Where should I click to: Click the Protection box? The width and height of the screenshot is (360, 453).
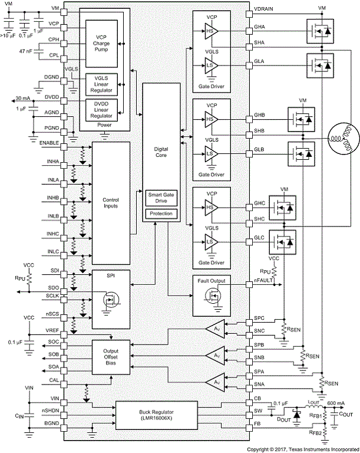[161, 213]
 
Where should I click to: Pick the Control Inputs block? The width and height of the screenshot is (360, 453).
[110, 203]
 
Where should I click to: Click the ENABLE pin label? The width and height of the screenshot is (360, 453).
[49, 143]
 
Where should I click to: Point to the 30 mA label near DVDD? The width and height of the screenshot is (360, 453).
[23, 97]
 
